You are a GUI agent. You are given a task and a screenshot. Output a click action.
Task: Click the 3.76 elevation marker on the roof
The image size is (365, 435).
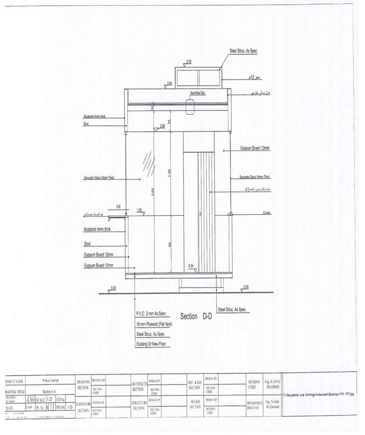point(189,61)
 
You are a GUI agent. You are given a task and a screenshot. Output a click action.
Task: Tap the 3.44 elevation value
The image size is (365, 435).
point(169,83)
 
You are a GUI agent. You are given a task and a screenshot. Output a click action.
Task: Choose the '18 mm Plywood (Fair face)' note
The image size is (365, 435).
point(154,324)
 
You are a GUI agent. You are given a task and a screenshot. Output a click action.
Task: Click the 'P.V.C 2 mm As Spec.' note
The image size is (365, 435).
point(151,314)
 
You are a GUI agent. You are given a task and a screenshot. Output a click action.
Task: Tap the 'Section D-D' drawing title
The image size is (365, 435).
point(197,316)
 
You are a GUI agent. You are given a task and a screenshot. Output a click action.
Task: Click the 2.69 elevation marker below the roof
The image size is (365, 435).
point(162,126)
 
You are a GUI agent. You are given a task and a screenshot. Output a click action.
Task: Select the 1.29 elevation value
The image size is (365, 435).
point(139,210)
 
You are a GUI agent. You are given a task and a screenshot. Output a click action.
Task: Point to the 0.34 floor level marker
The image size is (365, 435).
point(191,266)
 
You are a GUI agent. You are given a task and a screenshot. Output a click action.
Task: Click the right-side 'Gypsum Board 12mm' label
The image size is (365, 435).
point(255,148)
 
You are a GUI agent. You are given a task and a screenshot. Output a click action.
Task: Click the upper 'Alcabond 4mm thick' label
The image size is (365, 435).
point(94,117)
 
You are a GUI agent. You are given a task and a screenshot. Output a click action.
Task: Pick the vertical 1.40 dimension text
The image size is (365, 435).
point(168,172)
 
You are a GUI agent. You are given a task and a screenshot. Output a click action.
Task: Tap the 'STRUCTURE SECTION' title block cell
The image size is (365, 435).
point(138,405)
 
